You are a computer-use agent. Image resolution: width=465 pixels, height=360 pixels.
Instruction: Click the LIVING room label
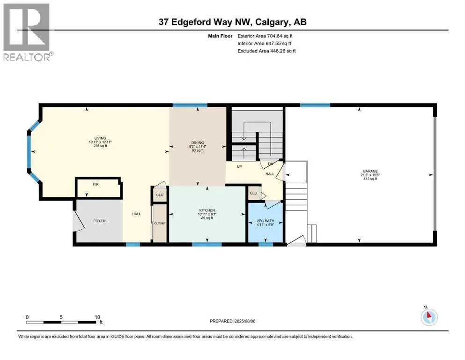point(100,138)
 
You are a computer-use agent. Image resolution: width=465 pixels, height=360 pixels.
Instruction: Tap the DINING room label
point(198,143)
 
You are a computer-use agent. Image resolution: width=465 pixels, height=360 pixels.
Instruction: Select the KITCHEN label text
point(207,210)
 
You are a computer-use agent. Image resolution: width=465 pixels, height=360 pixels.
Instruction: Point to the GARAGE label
point(370,171)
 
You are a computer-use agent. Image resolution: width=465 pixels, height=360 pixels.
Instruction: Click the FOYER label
point(99,221)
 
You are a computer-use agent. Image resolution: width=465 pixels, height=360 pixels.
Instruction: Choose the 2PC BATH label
point(266,221)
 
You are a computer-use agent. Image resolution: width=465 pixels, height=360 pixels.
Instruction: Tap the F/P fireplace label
point(96,185)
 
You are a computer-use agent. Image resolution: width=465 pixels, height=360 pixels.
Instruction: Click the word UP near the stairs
point(239,166)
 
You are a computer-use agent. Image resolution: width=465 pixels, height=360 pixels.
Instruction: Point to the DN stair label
point(271,164)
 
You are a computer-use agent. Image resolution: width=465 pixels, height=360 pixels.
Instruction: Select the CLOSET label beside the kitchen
point(160,223)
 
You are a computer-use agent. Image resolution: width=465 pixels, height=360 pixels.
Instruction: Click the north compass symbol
point(429,317)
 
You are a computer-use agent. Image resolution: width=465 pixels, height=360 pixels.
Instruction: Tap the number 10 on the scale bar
point(97,317)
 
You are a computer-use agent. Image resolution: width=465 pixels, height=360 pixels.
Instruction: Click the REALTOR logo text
point(29,57)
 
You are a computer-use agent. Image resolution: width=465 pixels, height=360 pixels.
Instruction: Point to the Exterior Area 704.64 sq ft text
point(265,36)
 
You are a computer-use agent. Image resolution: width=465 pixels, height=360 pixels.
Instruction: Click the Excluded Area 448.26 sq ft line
point(266,51)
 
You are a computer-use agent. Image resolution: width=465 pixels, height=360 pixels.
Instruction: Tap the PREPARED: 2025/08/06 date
point(232,321)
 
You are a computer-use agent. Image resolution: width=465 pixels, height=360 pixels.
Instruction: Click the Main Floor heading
point(221,36)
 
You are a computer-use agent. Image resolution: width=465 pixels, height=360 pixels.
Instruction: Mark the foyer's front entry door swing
point(79,221)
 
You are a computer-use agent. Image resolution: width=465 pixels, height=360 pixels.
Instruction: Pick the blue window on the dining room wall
point(190,105)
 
